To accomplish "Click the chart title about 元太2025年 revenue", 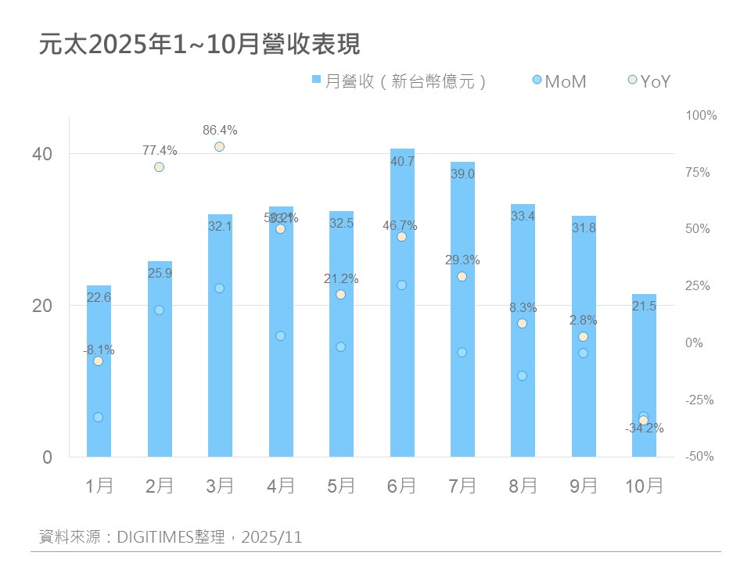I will (x=199, y=44).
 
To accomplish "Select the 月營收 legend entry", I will (x=399, y=81).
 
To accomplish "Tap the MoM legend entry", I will (x=559, y=81).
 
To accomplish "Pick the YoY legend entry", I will (x=650, y=81).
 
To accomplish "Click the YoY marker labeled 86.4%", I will (x=220, y=146).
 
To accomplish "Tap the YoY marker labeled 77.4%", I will (x=159, y=167).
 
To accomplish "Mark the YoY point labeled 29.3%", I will (x=462, y=276).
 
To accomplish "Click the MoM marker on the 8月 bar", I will (x=523, y=375).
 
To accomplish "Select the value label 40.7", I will (x=401, y=162).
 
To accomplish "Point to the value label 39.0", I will (x=462, y=174).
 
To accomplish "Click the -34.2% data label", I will (x=644, y=429).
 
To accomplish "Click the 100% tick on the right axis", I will (x=701, y=115).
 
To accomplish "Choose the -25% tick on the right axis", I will (x=699, y=400).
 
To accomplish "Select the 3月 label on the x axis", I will (x=220, y=486).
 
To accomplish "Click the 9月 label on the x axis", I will (x=583, y=486).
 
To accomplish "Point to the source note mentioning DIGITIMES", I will (x=171, y=537).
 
